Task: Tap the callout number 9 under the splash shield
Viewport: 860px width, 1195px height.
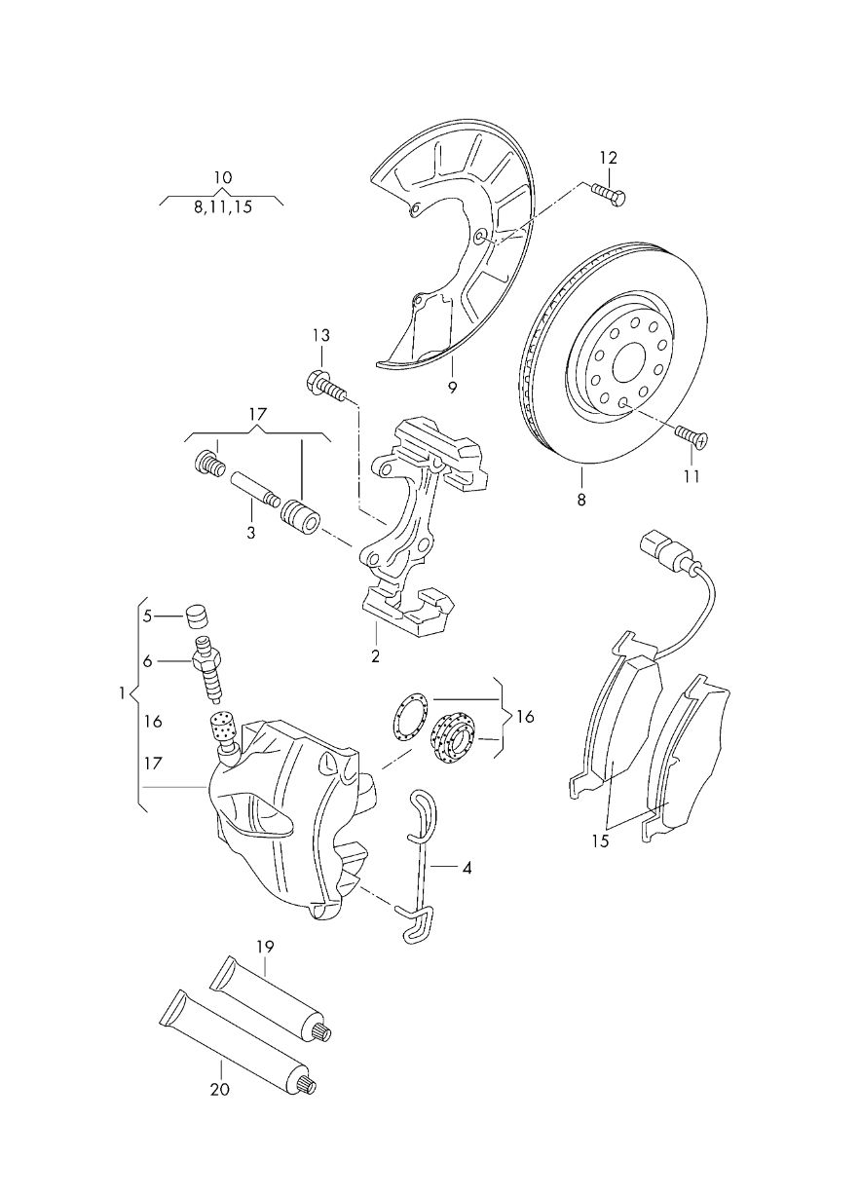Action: coord(452,387)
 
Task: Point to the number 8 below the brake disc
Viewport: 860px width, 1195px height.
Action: coord(580,500)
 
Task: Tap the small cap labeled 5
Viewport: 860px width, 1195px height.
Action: coord(199,616)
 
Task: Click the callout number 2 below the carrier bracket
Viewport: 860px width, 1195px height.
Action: coord(375,655)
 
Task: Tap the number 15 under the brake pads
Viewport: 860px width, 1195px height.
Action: coord(600,840)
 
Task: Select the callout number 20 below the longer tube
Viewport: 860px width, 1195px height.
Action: coord(220,1089)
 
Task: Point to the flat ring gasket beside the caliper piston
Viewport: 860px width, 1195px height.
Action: coord(404,716)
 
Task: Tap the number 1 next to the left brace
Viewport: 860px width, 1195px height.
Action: coord(122,693)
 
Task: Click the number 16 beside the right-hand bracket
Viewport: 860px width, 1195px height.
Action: coord(525,717)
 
